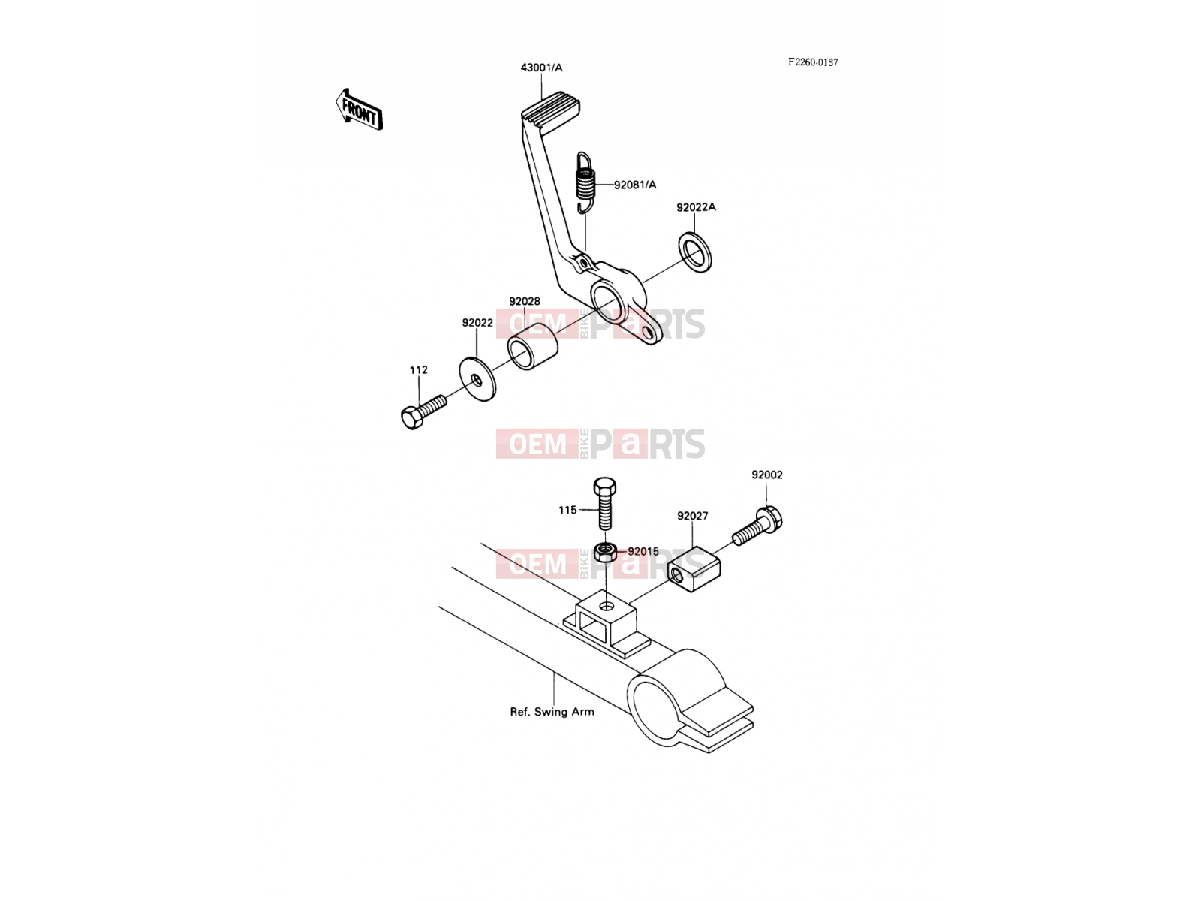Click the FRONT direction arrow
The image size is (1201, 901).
click(x=358, y=110)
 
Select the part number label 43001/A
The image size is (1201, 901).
click(x=541, y=68)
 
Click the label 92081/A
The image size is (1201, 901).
click(x=635, y=185)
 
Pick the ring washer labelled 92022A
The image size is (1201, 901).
click(x=695, y=252)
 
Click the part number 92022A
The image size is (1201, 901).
click(x=696, y=207)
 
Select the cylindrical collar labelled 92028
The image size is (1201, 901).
click(x=533, y=346)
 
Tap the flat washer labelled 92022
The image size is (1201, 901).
click(x=477, y=379)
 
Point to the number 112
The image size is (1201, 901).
click(x=419, y=370)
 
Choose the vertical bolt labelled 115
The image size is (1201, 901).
click(x=604, y=503)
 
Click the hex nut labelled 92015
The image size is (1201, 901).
click(x=605, y=552)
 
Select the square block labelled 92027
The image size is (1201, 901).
click(x=694, y=569)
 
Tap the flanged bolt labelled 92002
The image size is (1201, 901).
click(x=758, y=526)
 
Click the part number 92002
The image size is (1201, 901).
click(x=766, y=475)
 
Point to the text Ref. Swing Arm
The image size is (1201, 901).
click(x=552, y=712)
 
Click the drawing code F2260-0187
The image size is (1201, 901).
click(x=812, y=62)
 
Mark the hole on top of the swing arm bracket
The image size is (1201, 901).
click(x=607, y=606)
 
